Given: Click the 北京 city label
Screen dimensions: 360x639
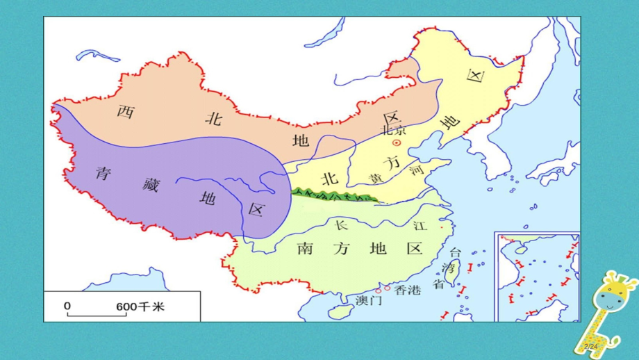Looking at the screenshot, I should [392, 130].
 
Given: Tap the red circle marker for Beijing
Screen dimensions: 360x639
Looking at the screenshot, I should [397, 142].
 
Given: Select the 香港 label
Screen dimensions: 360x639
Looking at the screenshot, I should [407, 291].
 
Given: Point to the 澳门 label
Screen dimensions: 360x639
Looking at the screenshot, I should [369, 300].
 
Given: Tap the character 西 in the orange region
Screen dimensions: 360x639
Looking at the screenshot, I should [124, 111].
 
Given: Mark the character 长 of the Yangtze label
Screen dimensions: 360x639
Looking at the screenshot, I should [340, 224].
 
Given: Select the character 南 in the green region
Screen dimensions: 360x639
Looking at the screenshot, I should [304, 248].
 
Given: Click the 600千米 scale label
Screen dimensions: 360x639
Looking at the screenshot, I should [140, 306].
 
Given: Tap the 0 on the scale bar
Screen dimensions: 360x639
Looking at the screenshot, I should [67, 306].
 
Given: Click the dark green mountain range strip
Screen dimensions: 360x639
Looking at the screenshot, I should [333, 195].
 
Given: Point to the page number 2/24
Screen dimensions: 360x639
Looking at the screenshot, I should [591, 345].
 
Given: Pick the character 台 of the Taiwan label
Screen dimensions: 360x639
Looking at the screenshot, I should [456, 252].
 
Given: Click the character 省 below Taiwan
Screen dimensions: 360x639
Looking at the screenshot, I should [438, 284].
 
